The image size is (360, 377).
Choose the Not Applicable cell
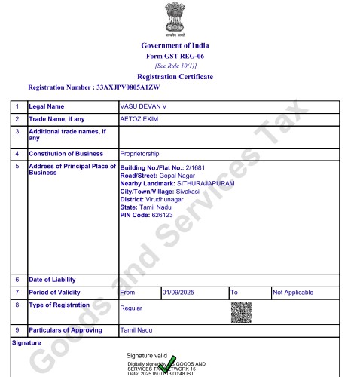[x=293, y=292]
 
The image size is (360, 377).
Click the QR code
[x=241, y=311]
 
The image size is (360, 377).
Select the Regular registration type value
[x=132, y=308]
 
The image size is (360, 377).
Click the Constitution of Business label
[x=66, y=154]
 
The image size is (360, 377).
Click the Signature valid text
[x=146, y=354]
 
